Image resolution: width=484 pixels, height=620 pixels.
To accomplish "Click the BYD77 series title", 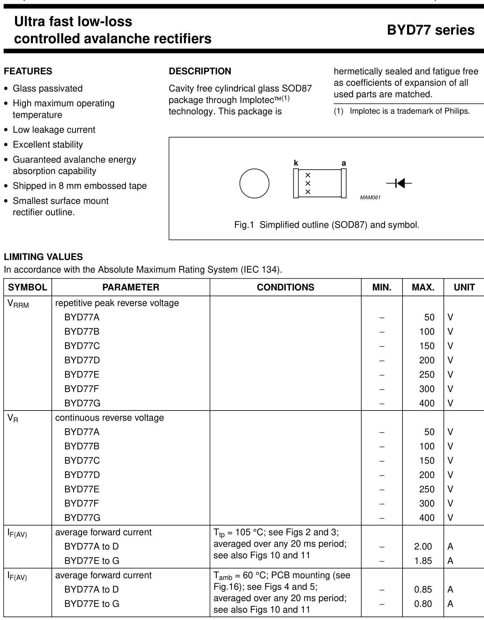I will point(430,30).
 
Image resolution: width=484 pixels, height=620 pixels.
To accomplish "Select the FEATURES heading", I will point(28,71).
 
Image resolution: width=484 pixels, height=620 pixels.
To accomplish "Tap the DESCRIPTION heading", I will point(200,71).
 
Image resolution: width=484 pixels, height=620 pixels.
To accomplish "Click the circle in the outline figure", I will point(254,184).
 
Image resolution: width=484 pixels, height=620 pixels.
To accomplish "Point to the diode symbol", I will point(399,183).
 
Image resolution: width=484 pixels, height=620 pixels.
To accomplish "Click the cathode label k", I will point(296,163).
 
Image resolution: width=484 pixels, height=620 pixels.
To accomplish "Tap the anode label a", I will point(344,163).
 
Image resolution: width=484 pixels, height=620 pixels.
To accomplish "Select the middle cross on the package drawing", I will point(308,183).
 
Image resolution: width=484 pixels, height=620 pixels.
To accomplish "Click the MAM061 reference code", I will point(370,198).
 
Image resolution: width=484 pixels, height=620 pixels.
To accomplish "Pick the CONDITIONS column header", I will point(285,287).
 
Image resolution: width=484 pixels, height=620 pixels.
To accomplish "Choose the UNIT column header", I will point(464,287).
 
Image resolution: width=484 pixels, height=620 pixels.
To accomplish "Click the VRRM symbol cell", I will point(18,304).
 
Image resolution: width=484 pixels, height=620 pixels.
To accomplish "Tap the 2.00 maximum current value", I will point(423,546).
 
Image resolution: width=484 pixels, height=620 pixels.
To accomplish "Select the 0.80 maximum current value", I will point(423,604).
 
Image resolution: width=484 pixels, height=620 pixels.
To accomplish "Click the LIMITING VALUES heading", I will point(43,257).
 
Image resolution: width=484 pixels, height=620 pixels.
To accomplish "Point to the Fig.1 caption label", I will point(244,225).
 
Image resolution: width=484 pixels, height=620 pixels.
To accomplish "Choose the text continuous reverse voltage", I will point(109,418).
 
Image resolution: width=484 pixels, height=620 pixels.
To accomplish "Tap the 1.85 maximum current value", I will point(423,561).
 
